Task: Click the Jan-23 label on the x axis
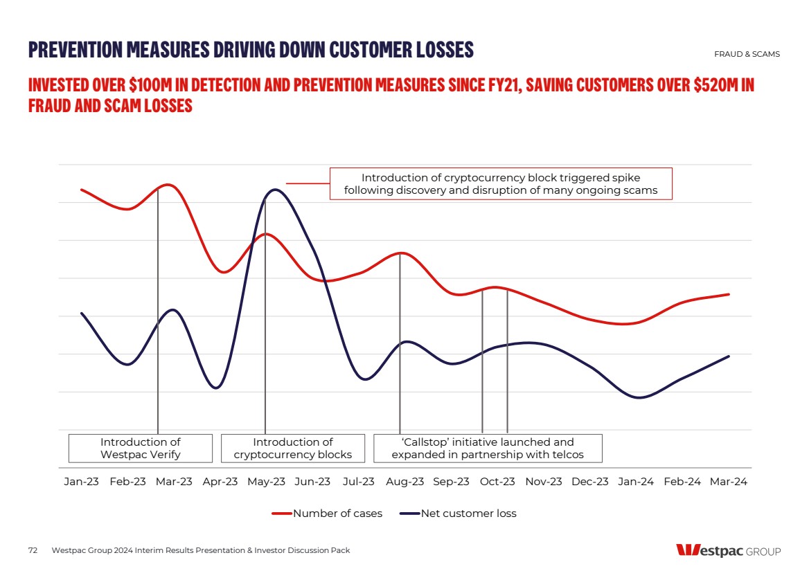tap(82, 482)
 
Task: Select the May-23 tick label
tap(267, 482)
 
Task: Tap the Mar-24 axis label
tap(729, 482)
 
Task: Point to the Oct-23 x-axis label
tap(497, 482)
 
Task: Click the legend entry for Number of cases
tap(327, 514)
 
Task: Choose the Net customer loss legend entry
tap(460, 514)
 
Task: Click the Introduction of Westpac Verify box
tap(141, 448)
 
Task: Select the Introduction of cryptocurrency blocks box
tap(293, 448)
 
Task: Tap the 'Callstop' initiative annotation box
tap(488, 448)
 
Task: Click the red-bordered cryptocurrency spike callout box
tap(501, 183)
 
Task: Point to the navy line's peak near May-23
tap(275, 190)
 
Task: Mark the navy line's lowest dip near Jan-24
tap(639, 398)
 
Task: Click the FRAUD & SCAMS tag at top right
tap(747, 54)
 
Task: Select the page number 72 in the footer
tap(33, 550)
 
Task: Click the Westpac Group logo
tap(728, 551)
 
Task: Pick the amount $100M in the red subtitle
tap(150, 86)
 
